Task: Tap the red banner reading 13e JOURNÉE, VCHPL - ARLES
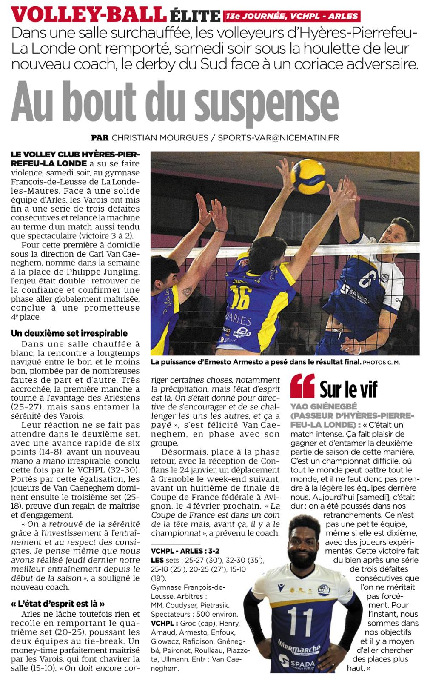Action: tap(291, 17)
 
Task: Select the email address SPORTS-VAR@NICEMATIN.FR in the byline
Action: tap(279, 138)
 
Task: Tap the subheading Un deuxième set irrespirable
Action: tap(69, 333)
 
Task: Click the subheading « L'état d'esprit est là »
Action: tap(57, 604)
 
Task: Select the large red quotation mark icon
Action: tap(302, 386)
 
